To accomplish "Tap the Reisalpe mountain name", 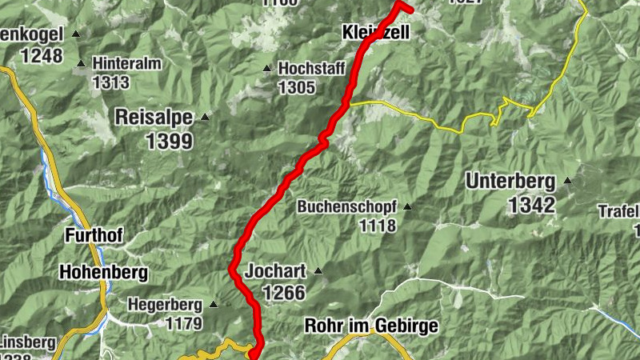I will (x=154, y=117).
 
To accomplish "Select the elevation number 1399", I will (x=170, y=142).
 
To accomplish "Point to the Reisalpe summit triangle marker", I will (x=205, y=117).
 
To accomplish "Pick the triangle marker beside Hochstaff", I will (x=268, y=68).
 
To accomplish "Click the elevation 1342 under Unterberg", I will (x=530, y=205).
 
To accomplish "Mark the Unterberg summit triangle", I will (x=567, y=180).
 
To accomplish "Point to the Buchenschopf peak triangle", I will (x=406, y=206).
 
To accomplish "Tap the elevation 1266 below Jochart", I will (x=283, y=293).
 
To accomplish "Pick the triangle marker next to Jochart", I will (x=318, y=270).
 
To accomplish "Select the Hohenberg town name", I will (x=103, y=273).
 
